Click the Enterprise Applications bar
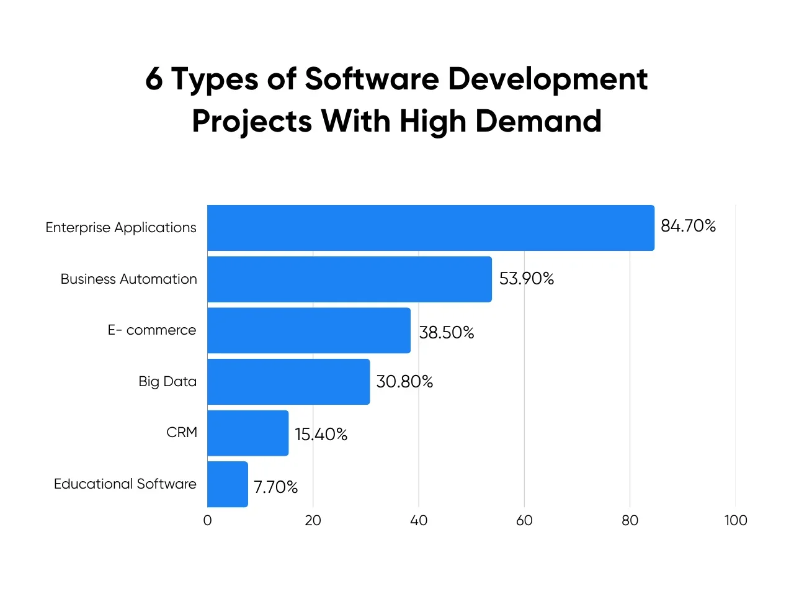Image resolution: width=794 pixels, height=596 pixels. tap(430, 228)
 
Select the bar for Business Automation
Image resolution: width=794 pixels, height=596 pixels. tap(349, 279)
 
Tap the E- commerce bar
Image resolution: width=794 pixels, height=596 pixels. tap(309, 330)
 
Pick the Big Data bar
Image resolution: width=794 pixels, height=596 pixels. tap(288, 382)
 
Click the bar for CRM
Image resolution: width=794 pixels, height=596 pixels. tap(248, 433)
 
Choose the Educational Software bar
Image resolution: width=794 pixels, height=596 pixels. tap(228, 484)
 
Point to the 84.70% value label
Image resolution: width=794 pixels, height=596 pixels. tap(688, 226)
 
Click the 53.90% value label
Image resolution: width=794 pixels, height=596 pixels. tap(526, 279)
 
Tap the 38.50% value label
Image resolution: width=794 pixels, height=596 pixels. tap(446, 333)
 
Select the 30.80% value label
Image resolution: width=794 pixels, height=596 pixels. tap(404, 381)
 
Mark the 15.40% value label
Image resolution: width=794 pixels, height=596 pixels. tap(321, 435)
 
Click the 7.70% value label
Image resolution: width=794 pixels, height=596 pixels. tap(275, 487)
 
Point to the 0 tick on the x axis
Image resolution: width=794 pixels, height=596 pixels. tap(207, 520)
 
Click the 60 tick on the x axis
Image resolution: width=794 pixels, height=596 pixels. tap(524, 520)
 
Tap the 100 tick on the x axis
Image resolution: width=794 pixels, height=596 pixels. tap(735, 520)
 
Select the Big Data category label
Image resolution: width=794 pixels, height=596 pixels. tap(167, 382)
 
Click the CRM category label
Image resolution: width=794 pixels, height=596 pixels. tap(182, 432)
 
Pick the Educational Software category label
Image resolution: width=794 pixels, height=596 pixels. tap(125, 484)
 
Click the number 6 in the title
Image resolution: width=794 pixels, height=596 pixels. tap(154, 79)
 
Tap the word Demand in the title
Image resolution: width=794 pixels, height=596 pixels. tap(538, 120)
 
